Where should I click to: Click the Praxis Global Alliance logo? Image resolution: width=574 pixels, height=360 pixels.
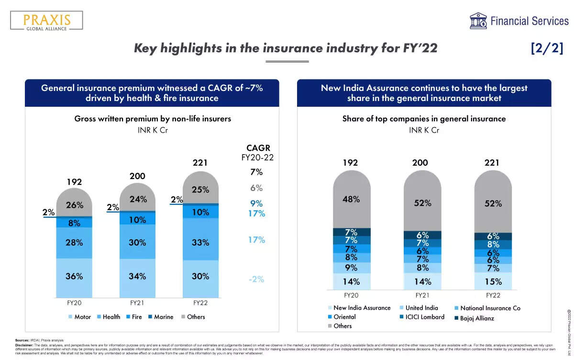(x=46, y=20)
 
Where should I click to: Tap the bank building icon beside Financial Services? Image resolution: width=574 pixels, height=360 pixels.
(x=478, y=21)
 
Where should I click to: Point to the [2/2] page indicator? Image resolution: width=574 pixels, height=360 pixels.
(x=547, y=48)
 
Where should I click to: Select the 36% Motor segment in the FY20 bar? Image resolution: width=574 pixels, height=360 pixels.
(x=74, y=276)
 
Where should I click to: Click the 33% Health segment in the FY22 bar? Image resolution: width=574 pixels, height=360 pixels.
(x=200, y=242)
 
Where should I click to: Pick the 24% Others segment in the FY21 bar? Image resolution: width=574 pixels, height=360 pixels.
(x=138, y=200)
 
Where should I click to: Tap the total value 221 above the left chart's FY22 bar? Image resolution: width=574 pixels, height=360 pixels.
(x=200, y=163)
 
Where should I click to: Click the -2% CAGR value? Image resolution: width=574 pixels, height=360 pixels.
(x=256, y=279)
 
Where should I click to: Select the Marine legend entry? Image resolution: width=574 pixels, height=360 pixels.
(x=160, y=317)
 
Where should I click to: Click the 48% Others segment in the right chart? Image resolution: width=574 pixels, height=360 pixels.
(x=352, y=199)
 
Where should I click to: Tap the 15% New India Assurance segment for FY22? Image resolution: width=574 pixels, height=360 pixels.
(x=493, y=281)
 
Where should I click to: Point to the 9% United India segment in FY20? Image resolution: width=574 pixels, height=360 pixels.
(x=352, y=268)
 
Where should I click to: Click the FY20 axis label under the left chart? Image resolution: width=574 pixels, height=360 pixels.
(x=74, y=303)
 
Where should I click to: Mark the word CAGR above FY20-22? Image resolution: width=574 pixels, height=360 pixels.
(x=258, y=148)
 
